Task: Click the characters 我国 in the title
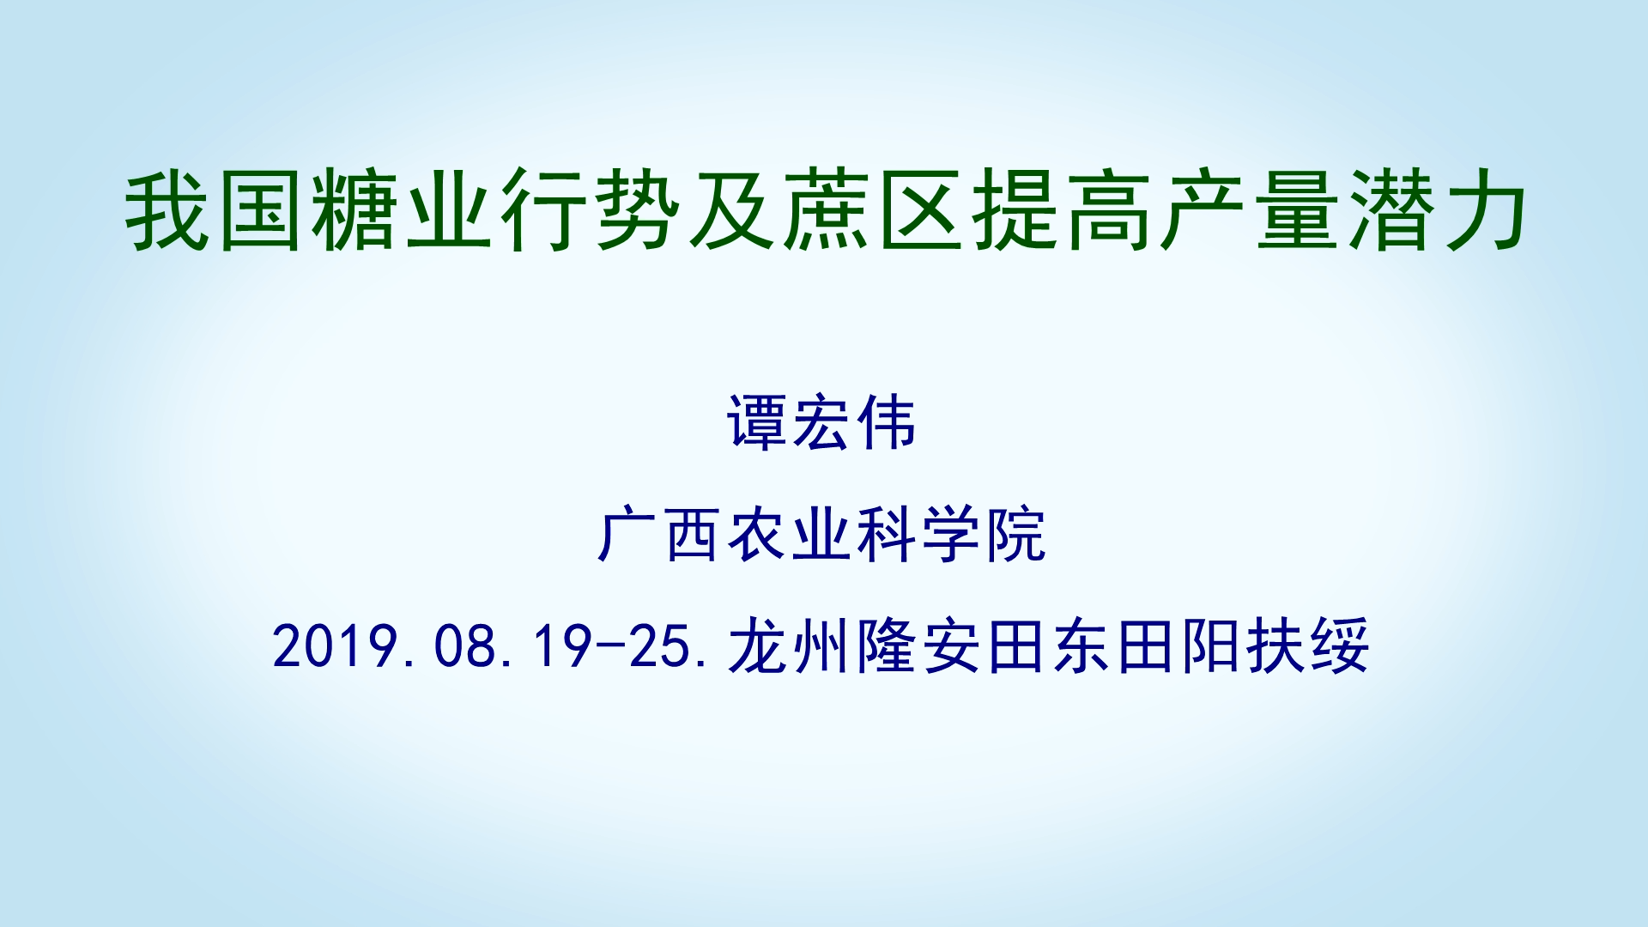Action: (215, 210)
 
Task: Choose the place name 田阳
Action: (1179, 645)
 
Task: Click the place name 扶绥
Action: (1308, 645)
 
